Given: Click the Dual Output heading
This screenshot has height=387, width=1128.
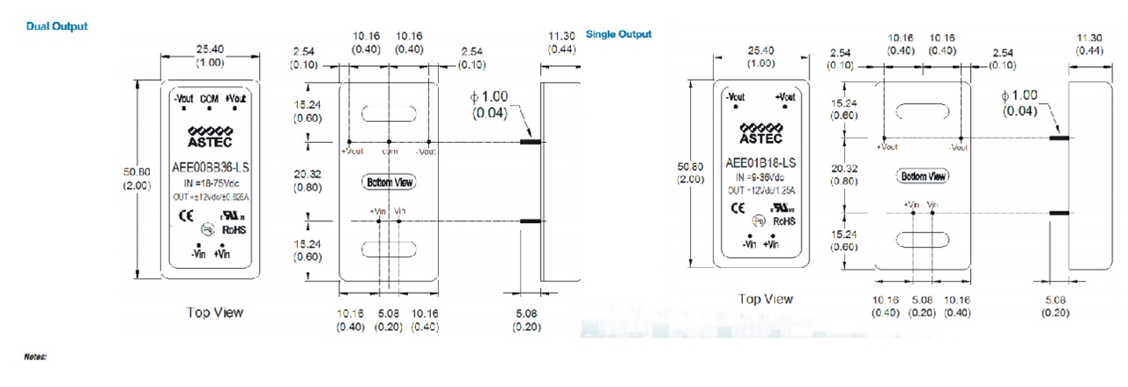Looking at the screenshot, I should pyautogui.click(x=57, y=26).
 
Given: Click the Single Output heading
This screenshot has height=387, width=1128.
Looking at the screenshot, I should pyautogui.click(x=619, y=34).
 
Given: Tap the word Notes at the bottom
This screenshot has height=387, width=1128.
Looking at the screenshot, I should pyautogui.click(x=34, y=356).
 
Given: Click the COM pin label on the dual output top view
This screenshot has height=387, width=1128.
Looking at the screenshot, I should pyautogui.click(x=210, y=99).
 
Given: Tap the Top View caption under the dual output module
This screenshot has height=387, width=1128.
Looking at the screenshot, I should pyautogui.click(x=215, y=312).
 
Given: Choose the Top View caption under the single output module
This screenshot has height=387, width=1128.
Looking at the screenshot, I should pyautogui.click(x=765, y=299).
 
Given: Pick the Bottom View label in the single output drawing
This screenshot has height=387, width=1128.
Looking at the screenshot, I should pyautogui.click(x=924, y=176).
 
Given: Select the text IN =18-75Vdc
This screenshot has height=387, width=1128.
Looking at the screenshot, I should pyautogui.click(x=211, y=182).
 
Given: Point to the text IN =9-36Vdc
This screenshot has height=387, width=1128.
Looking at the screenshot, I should pyautogui.click(x=760, y=177).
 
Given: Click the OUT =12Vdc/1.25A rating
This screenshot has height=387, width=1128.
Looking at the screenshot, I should pyautogui.click(x=760, y=190).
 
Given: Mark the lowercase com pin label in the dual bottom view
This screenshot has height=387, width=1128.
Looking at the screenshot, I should pyautogui.click(x=389, y=151).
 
